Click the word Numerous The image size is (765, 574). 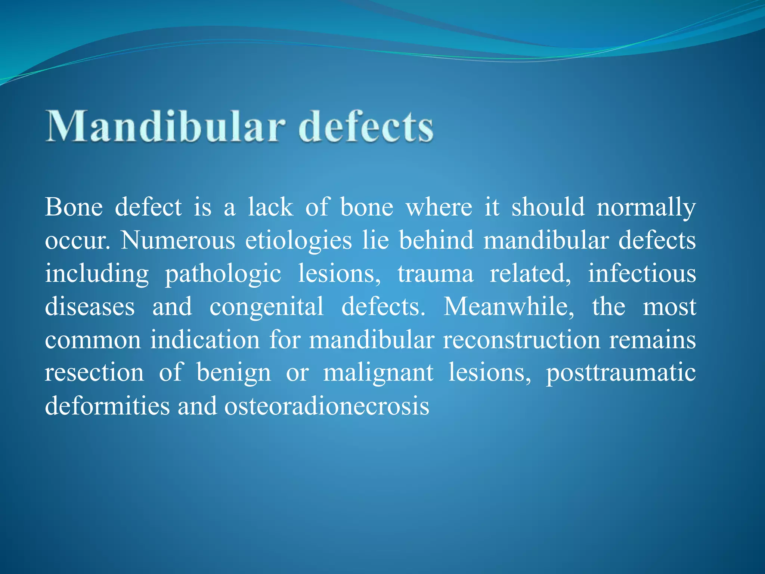[x=178, y=240]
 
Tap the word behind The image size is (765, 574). [x=436, y=240]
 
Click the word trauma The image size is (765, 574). [x=435, y=274]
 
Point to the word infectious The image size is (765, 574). [x=642, y=273]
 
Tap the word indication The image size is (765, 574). [x=205, y=340]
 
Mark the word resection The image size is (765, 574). [x=95, y=373]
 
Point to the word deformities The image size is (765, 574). [x=107, y=406]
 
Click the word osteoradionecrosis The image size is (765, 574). [x=326, y=406]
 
